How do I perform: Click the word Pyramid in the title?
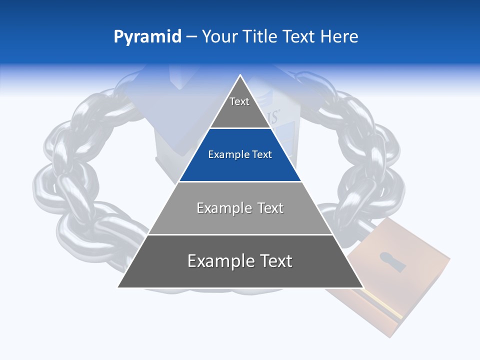point(147,37)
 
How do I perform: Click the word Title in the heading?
point(260,36)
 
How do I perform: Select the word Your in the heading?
point(219,36)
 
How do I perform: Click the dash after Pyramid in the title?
point(191,37)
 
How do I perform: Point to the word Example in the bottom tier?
point(219,261)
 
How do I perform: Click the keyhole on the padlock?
point(392,261)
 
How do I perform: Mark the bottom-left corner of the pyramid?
point(118,287)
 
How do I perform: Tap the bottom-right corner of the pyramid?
point(362,287)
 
